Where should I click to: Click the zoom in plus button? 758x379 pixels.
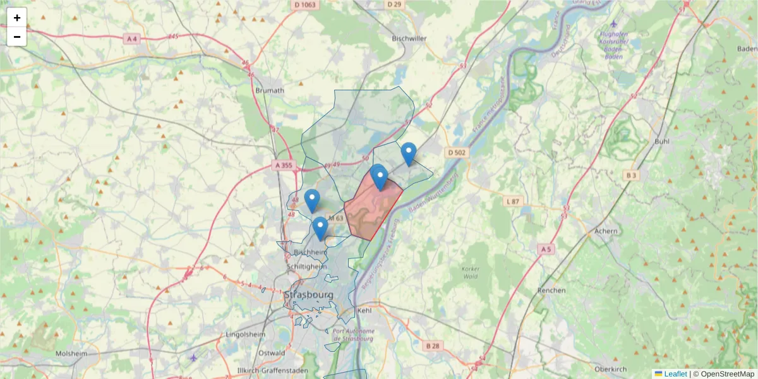tap(17, 18)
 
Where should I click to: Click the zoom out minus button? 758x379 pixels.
tap(17, 37)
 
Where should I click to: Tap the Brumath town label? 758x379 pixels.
tap(270, 90)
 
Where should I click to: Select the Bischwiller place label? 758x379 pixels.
tap(409, 39)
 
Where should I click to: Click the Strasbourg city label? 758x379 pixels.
tap(309, 295)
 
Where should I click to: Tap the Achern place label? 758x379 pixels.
tap(606, 231)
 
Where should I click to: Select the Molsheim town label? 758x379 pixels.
tap(71, 354)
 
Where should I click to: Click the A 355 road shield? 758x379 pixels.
tap(284, 165)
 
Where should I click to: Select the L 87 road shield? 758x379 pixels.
tap(513, 201)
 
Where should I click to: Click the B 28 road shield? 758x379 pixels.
tap(433, 346)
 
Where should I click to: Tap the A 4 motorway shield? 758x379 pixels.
tap(132, 39)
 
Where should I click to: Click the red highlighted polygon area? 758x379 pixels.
tap(370, 212)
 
